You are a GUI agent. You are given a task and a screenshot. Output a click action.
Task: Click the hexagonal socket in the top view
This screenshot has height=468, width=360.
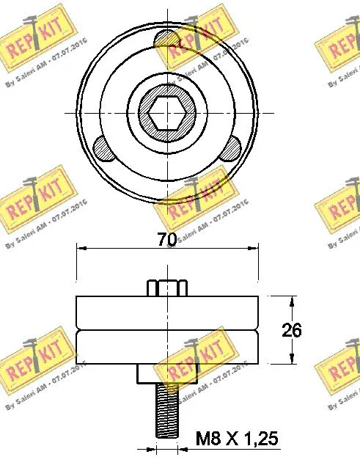point(167,114)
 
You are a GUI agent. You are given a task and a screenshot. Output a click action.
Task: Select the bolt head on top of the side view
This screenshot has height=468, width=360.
point(167,286)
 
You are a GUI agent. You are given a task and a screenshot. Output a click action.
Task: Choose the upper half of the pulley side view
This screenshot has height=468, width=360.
point(167,312)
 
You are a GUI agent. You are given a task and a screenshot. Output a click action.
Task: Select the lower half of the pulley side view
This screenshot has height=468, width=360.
point(167,346)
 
